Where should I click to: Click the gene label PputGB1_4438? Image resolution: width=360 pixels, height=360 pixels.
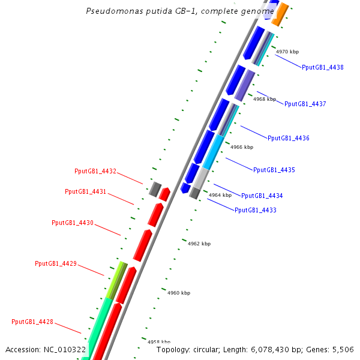pyautogui.click(x=323, y=68)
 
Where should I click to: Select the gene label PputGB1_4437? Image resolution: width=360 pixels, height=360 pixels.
pyautogui.click(x=305, y=104)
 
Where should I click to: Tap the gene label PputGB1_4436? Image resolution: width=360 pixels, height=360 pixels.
pyautogui.click(x=289, y=138)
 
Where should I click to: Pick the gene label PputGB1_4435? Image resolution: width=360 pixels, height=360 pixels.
pyautogui.click(x=274, y=170)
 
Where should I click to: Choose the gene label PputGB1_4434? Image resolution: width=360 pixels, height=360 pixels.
pyautogui.click(x=262, y=196)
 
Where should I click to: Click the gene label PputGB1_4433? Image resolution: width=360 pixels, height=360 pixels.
pyautogui.click(x=256, y=210)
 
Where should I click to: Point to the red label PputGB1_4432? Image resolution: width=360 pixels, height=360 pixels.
pyautogui.click(x=95, y=171)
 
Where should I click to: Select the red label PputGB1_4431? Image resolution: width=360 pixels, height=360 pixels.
pyautogui.click(x=86, y=191)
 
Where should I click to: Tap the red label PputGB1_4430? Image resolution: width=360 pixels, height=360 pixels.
pyautogui.click(x=73, y=223)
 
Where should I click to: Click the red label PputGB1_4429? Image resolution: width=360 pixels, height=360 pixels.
pyautogui.click(x=56, y=263)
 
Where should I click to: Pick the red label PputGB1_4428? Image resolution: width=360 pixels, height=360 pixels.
pyautogui.click(x=32, y=322)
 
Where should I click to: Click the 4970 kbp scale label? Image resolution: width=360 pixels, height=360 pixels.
pyautogui.click(x=287, y=52)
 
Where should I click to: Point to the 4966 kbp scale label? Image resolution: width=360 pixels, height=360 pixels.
pyautogui.click(x=242, y=147)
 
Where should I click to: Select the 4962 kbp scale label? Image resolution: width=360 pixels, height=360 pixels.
pyautogui.click(x=199, y=244)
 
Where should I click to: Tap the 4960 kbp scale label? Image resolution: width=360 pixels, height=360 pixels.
pyautogui.click(x=178, y=293)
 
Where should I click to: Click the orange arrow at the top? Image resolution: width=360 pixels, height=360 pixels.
pyautogui.click(x=280, y=14)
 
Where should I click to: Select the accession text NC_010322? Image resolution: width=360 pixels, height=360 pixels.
pyautogui.click(x=65, y=349)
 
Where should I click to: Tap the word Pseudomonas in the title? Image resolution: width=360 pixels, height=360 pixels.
pyautogui.click(x=110, y=11)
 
